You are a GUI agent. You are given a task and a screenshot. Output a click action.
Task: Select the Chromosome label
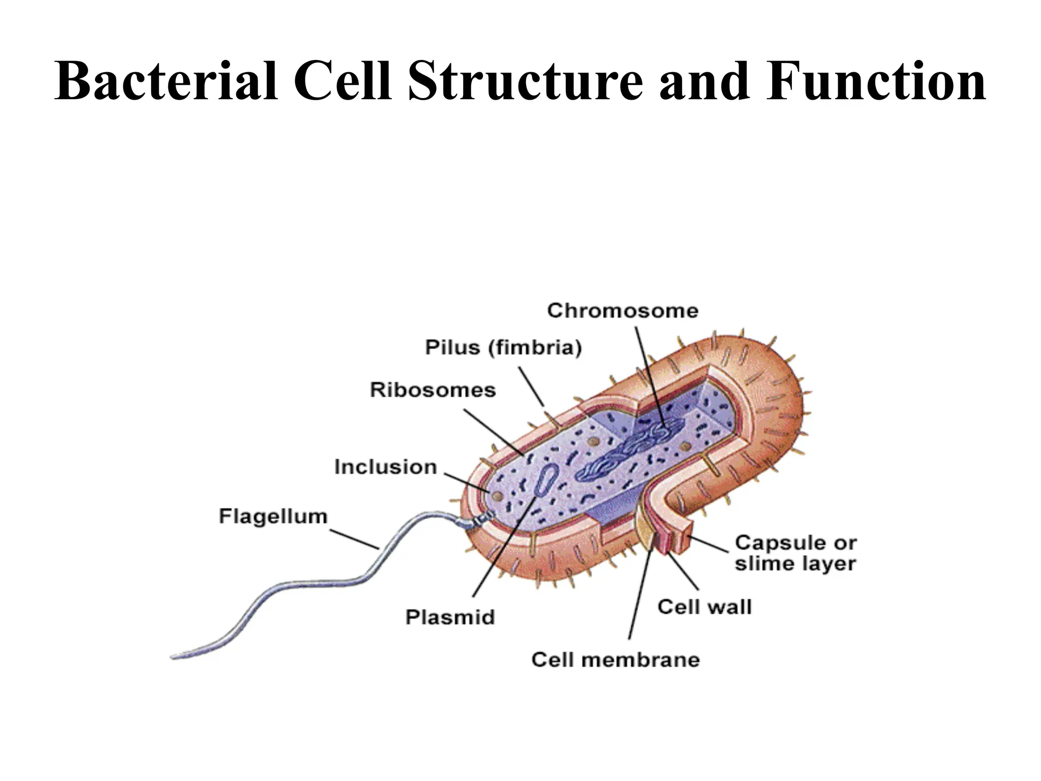pos(623,311)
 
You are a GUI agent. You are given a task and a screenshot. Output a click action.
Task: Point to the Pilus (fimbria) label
pos(503,348)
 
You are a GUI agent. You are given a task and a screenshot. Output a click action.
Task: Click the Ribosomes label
pos(433,390)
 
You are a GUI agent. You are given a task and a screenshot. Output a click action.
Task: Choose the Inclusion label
pos(385,467)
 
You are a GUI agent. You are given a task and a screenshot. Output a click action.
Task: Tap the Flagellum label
pos(273,516)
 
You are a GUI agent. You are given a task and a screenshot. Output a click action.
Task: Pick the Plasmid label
pos(450,617)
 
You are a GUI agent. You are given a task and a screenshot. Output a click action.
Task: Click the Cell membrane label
pos(616,660)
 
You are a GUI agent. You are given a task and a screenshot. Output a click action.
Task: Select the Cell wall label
pos(704,607)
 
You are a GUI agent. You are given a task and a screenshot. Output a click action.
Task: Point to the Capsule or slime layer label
pos(795,553)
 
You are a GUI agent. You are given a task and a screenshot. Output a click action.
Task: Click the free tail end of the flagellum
pos(175,656)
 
